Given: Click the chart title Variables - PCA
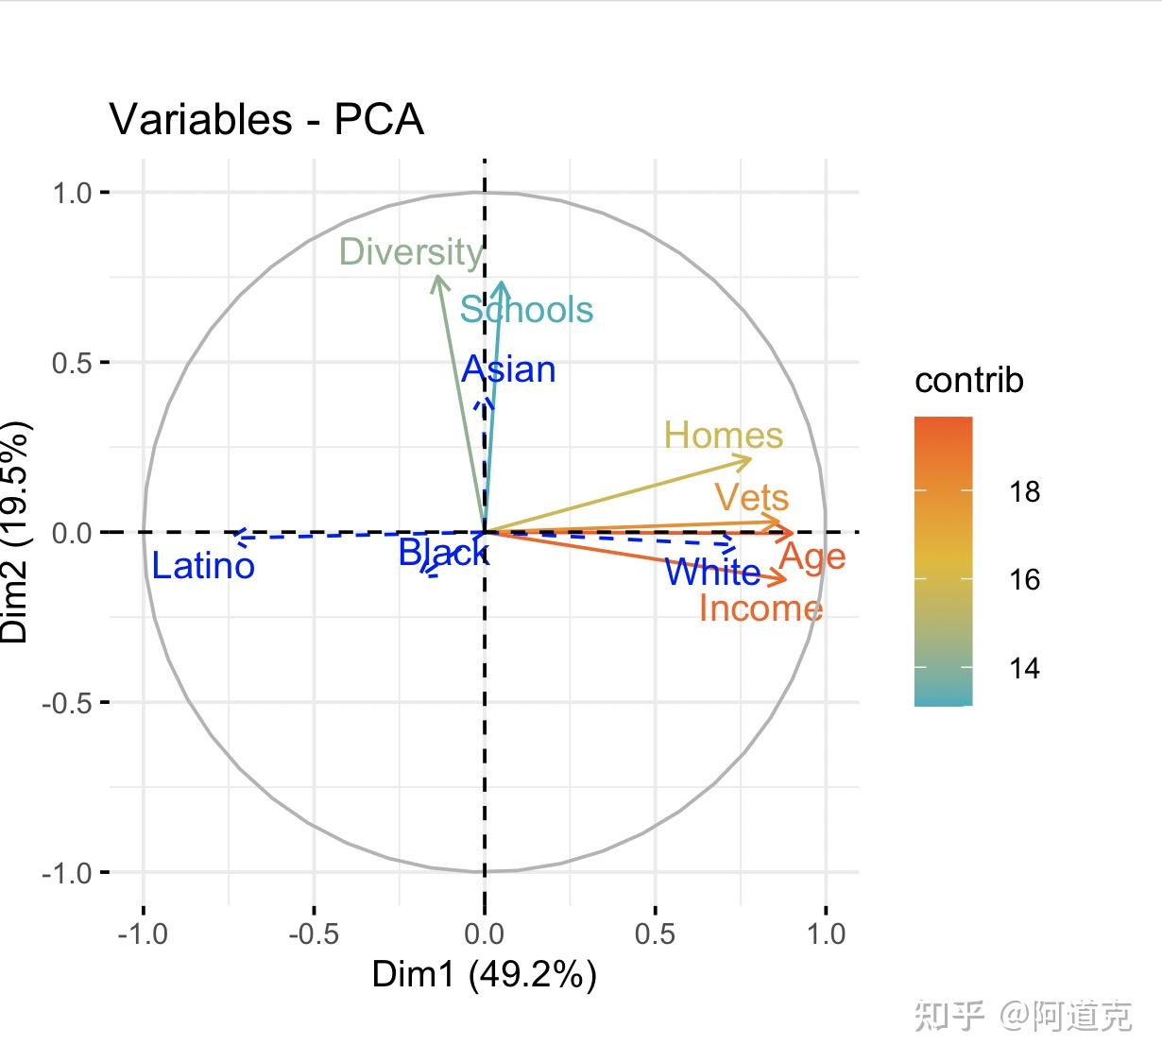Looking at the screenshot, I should (x=266, y=120).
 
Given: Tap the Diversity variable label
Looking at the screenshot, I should (x=411, y=252).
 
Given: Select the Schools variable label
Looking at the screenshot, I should (x=526, y=310).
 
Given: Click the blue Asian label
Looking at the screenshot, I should (x=508, y=369).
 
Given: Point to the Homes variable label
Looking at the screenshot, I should (x=723, y=436).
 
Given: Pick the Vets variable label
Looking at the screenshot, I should (x=751, y=497).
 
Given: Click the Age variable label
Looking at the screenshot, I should (x=812, y=557).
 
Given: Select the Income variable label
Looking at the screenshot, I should (x=760, y=608).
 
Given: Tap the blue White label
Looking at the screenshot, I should (x=712, y=572).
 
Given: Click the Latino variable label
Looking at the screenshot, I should (x=203, y=566).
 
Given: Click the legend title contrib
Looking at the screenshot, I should (x=968, y=381).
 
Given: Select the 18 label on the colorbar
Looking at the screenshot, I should (x=1024, y=491).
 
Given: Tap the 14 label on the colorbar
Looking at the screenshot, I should (x=1024, y=669).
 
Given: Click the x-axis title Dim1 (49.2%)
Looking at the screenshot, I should (x=484, y=974).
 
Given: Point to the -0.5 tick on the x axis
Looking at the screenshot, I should (x=313, y=934).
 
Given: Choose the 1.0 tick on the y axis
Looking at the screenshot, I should (x=72, y=193).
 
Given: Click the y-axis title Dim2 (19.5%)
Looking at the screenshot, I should (x=16, y=532).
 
